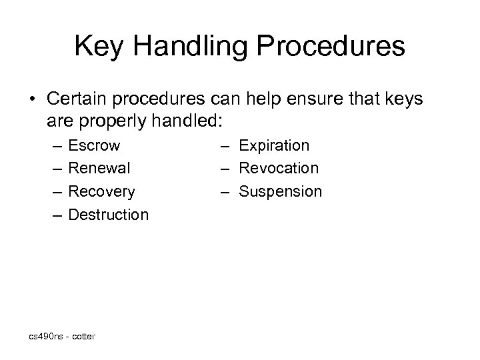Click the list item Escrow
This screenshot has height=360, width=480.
coord(95,145)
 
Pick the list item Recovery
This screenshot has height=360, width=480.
coord(102,192)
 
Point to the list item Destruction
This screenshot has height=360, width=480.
coord(109,215)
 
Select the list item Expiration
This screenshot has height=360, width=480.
coord(274,145)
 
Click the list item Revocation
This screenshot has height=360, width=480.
coord(279,169)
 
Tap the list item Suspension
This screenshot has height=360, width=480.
coord(280,192)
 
